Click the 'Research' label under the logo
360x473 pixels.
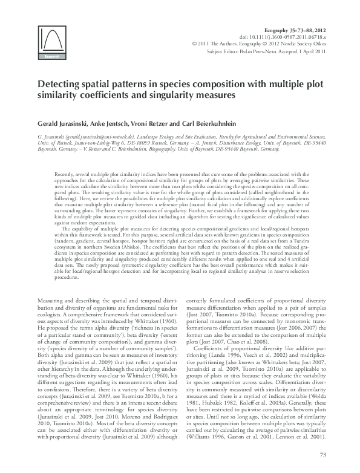(x=51, y=58)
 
